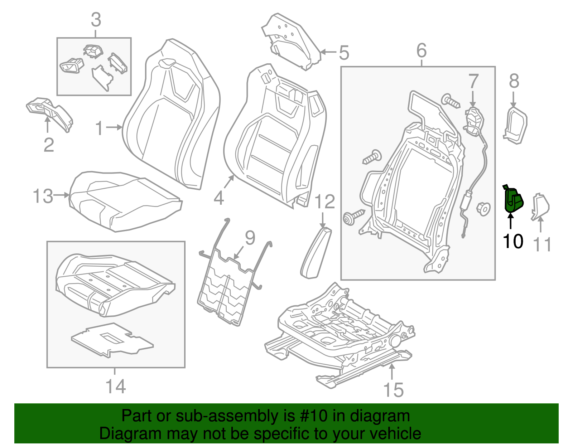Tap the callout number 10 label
point(513,242)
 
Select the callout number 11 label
point(542,245)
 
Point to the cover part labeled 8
point(516,125)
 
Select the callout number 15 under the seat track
point(393,390)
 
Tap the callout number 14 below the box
point(116,387)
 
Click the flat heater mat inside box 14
point(112,340)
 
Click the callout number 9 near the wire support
point(250,238)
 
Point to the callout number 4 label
point(219,198)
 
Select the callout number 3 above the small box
point(96,20)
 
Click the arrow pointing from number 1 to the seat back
point(115,127)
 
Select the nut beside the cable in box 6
point(483,208)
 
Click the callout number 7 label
point(473,82)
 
